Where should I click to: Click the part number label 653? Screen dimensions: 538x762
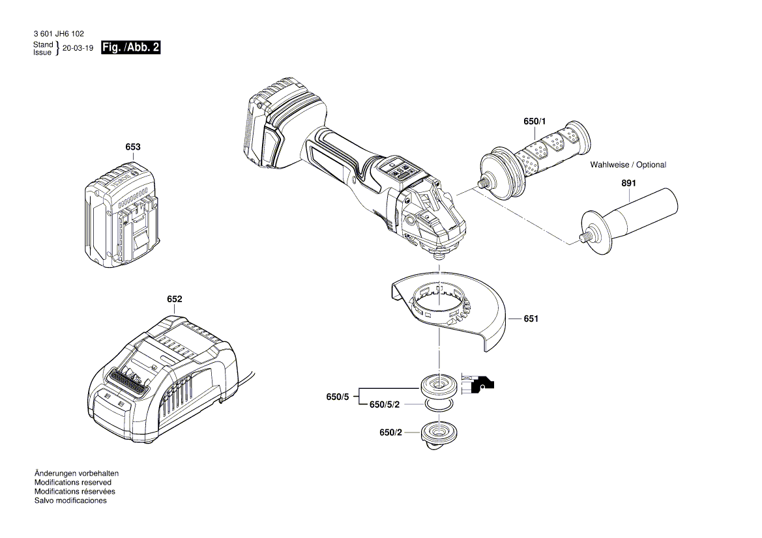click(133, 147)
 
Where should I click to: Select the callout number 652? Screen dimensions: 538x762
click(174, 299)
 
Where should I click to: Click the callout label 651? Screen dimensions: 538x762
click(531, 319)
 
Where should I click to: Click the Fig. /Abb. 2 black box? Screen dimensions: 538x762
click(131, 48)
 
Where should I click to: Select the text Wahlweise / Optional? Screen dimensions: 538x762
click(628, 165)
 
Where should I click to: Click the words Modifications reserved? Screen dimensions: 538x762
click(72, 483)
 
